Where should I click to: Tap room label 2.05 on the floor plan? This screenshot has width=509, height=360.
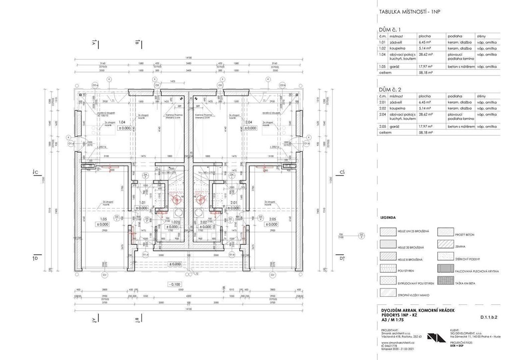click(272, 218)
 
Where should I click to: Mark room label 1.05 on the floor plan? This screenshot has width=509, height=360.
click(104, 218)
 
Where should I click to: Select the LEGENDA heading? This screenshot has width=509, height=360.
click(388, 217)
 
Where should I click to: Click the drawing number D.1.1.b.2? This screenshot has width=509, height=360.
click(489, 316)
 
